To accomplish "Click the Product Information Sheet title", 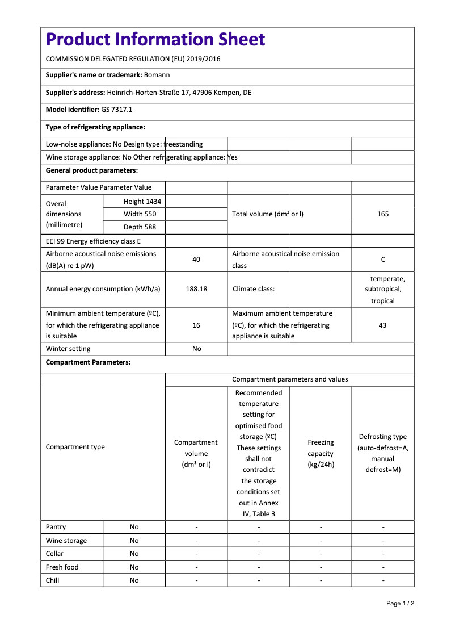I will [x=155, y=39].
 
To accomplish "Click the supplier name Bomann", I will [x=157, y=75].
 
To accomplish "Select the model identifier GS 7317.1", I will [x=117, y=110].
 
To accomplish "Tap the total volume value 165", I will [x=383, y=214].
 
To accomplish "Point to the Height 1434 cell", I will [x=142, y=202].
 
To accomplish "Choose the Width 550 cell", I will [x=140, y=214].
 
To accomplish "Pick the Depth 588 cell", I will [x=140, y=227].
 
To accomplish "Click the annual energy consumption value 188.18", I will [x=196, y=289].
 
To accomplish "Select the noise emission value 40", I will [x=196, y=260].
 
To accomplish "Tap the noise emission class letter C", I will [x=383, y=260].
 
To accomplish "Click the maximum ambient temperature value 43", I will [x=383, y=325].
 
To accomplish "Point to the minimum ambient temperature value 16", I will [x=196, y=325].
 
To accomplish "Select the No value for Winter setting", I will [x=196, y=349].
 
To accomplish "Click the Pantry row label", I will [x=56, y=527].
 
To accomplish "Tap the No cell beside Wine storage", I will [x=134, y=541].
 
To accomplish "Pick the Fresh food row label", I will [x=62, y=567].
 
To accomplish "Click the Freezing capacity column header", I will [x=321, y=453].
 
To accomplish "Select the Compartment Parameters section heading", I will [x=88, y=362].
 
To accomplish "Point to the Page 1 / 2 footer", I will [x=400, y=603].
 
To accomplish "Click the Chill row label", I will [x=53, y=580].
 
